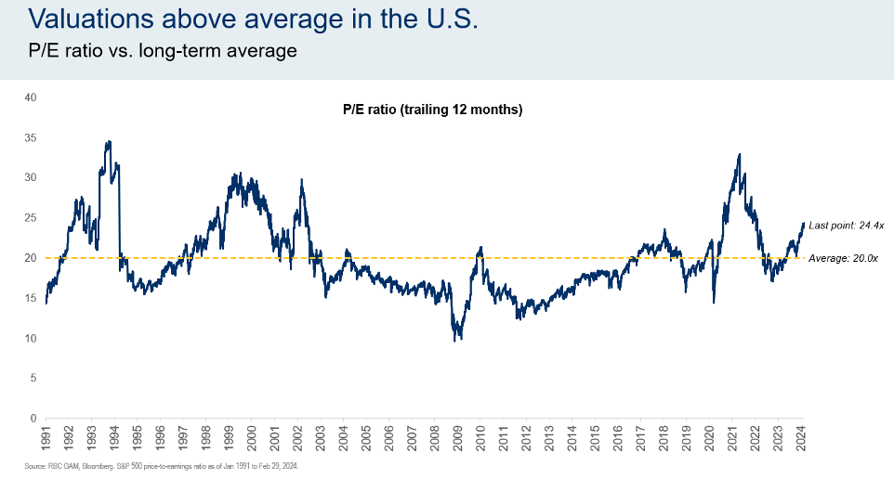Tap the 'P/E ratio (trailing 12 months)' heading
432,110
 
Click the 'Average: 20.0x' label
844,258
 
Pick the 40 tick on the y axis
30,97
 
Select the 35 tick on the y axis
30,137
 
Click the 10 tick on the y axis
30,338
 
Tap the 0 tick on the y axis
33,419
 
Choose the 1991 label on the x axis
46,436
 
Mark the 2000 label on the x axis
252,436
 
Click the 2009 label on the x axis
458,436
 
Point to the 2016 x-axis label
619,436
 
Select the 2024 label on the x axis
802,436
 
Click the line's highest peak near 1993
109,142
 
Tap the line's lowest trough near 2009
455,341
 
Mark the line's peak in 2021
739,154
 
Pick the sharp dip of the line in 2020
714,302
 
